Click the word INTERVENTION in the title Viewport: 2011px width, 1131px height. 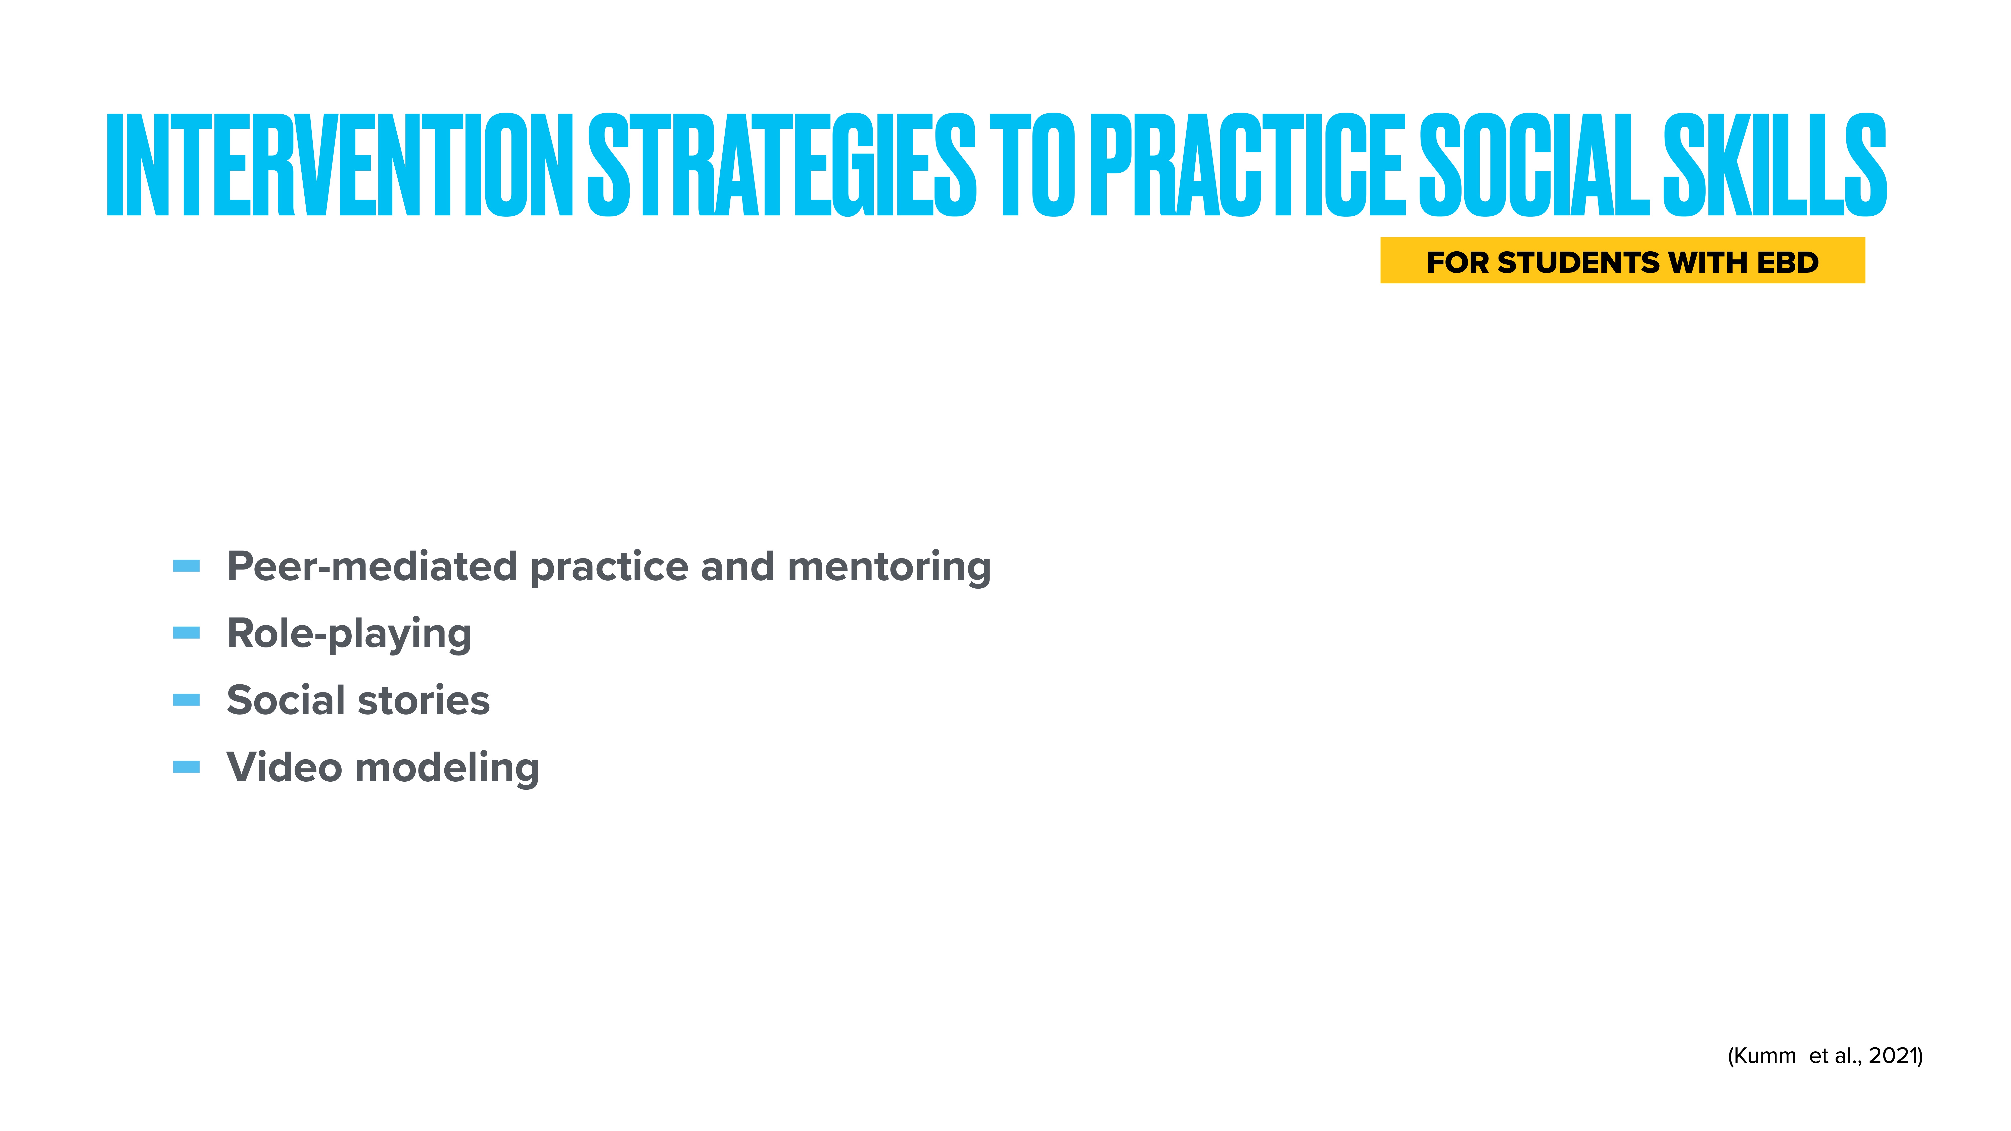coord(340,165)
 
